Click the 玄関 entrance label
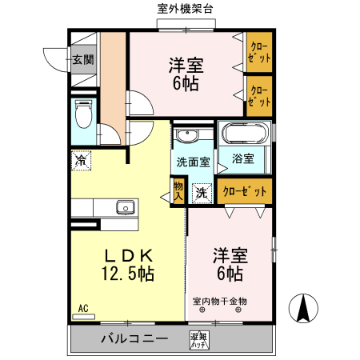click(x=82, y=59)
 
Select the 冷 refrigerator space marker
click(x=81, y=160)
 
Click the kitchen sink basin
click(x=125, y=208)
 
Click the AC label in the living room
click(x=82, y=308)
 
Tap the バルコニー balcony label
click(x=134, y=338)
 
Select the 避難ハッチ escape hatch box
click(x=198, y=341)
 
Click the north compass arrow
click(x=305, y=309)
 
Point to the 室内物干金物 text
click(x=221, y=302)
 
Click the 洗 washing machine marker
click(x=202, y=192)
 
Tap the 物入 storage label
click(x=178, y=190)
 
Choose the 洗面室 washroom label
click(x=193, y=162)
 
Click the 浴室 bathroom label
click(x=243, y=158)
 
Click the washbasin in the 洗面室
click(x=186, y=134)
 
